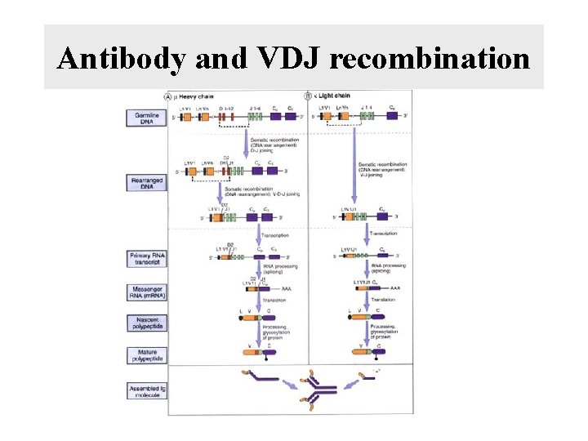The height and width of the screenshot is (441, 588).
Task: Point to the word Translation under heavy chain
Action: tap(274, 301)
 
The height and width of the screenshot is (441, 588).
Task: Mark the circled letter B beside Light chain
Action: tap(308, 96)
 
